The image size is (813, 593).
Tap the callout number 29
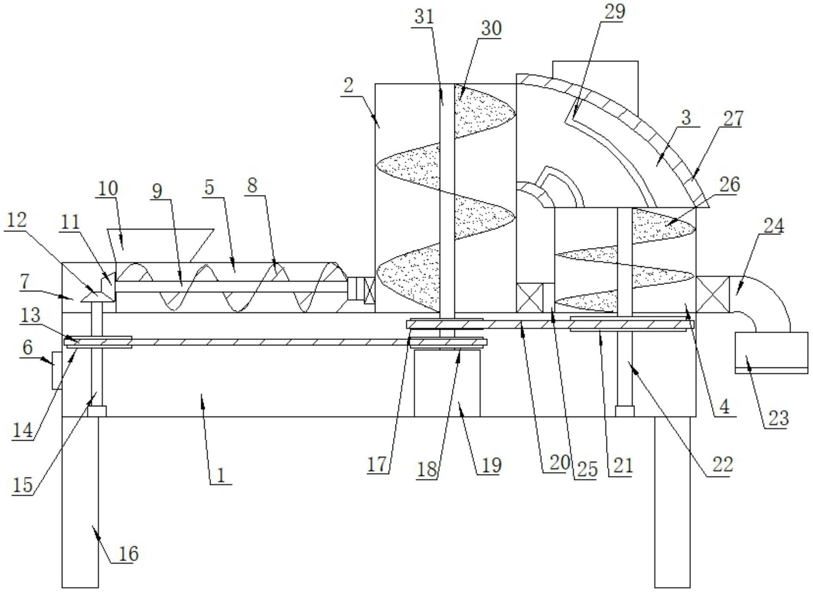pyautogui.click(x=614, y=12)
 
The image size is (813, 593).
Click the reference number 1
pyautogui.click(x=221, y=476)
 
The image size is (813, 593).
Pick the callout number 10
pyautogui.click(x=107, y=188)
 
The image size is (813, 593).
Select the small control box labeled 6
pyautogui.click(x=57, y=370)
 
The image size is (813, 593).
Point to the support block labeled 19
pyautogui.click(x=447, y=383)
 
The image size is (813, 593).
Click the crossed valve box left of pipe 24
pyautogui.click(x=712, y=294)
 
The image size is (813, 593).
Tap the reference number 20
pyautogui.click(x=559, y=463)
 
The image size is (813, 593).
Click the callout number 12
pyautogui.click(x=17, y=220)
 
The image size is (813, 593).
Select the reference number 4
pyautogui.click(x=724, y=407)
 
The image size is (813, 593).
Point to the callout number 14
pyautogui.click(x=22, y=430)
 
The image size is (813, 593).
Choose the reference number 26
pyautogui.click(x=730, y=184)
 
